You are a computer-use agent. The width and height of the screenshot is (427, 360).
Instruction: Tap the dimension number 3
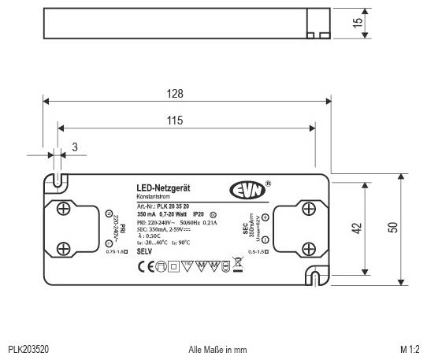75,147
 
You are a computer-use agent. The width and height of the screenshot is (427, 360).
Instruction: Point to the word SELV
144,250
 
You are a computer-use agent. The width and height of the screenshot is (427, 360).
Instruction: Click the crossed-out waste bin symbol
237,265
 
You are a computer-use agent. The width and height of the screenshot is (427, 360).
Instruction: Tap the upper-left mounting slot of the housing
58,180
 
